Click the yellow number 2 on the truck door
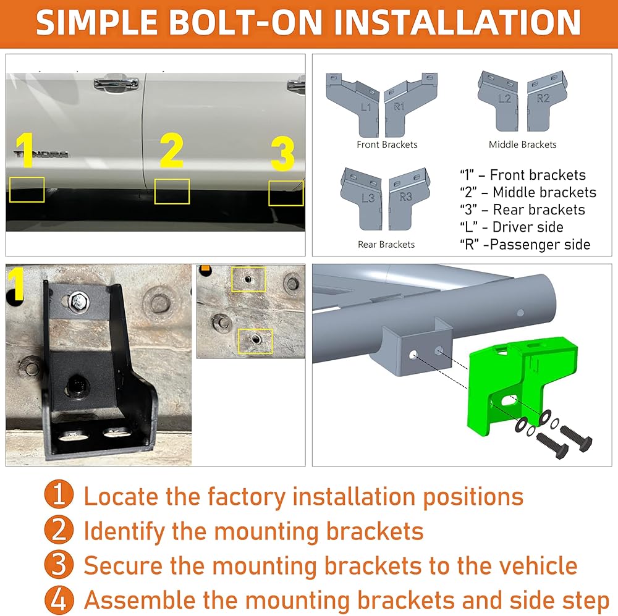(x=172, y=150)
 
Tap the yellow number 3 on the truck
(x=282, y=153)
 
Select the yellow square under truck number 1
(x=27, y=190)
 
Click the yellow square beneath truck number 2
(x=172, y=192)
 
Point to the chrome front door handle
(x=117, y=84)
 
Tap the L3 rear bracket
(x=362, y=198)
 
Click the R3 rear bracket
(x=408, y=198)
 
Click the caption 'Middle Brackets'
(x=523, y=145)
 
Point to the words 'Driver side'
(x=528, y=227)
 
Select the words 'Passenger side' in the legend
(x=540, y=244)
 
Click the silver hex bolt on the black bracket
(x=78, y=303)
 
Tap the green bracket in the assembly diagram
(x=520, y=383)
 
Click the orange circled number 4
(x=59, y=600)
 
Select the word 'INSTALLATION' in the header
(x=457, y=23)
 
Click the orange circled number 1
(x=59, y=494)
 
